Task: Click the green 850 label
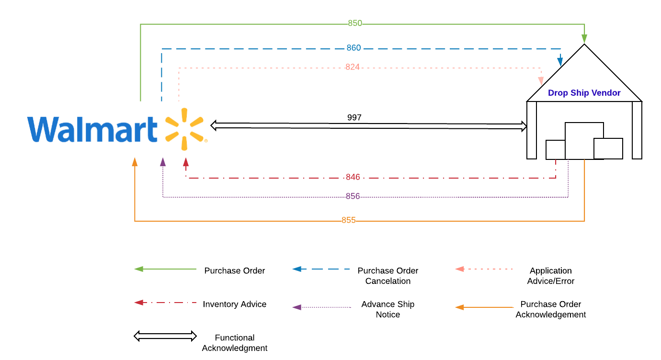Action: tap(355, 23)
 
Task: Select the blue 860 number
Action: tap(353, 48)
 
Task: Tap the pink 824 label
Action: tap(353, 67)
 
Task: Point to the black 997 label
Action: tap(354, 117)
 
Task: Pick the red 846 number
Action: tap(353, 177)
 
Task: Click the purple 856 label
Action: tap(353, 196)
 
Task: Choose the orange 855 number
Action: tap(349, 220)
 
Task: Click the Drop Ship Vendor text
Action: tap(584, 92)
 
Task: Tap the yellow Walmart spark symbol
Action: tap(184, 129)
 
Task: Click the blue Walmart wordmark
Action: tap(92, 129)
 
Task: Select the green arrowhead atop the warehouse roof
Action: tap(584, 39)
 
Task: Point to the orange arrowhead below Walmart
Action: tap(135, 162)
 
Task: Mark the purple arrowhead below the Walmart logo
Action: tap(163, 162)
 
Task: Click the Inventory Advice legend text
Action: tap(235, 304)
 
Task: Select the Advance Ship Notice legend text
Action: tap(388, 309)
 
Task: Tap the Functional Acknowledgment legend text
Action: tap(235, 343)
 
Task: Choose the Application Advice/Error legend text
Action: tap(551, 276)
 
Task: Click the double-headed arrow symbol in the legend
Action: tap(165, 336)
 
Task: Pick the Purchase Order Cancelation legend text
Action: tap(388, 276)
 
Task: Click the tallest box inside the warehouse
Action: tap(584, 141)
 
